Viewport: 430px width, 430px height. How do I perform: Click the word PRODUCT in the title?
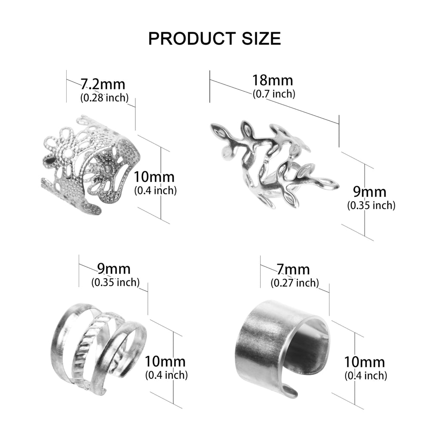(192, 38)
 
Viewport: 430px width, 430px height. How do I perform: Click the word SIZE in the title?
(261, 38)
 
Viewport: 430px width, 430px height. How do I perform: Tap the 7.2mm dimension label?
(103, 84)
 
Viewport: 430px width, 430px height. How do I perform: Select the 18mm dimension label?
(273, 80)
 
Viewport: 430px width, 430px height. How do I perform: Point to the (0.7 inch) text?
(274, 94)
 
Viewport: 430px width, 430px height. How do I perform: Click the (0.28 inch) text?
(104, 98)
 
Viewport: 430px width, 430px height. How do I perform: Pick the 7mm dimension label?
(293, 269)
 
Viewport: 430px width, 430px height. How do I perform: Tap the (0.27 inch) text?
(295, 283)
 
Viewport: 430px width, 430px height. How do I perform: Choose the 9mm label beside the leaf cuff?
(370, 192)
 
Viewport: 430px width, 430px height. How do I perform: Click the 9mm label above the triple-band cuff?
(114, 269)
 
